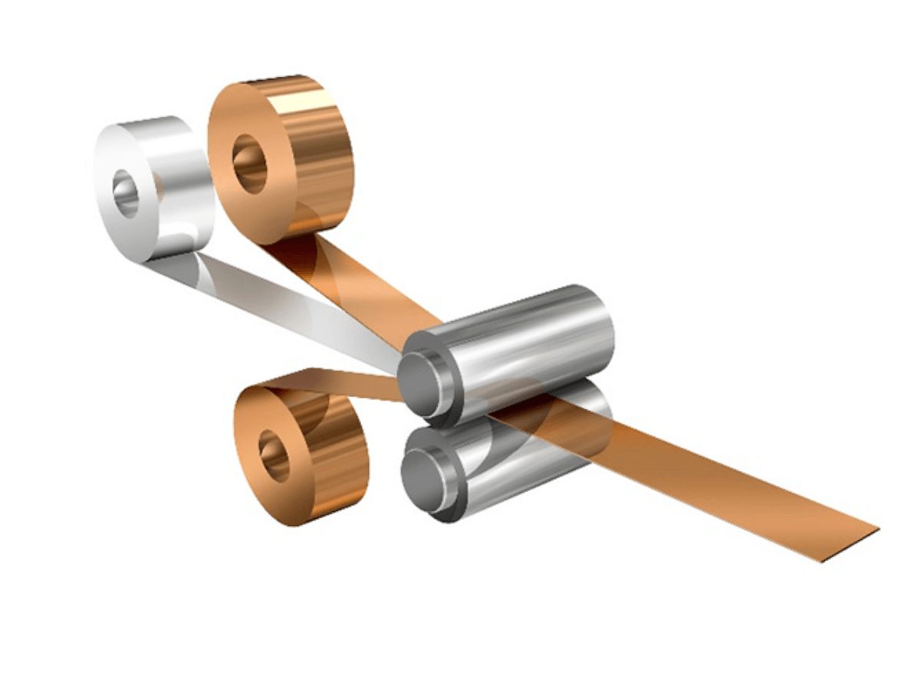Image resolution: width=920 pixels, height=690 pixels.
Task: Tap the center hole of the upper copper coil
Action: [249, 163]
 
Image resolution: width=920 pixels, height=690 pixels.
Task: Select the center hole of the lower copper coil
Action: [274, 455]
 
